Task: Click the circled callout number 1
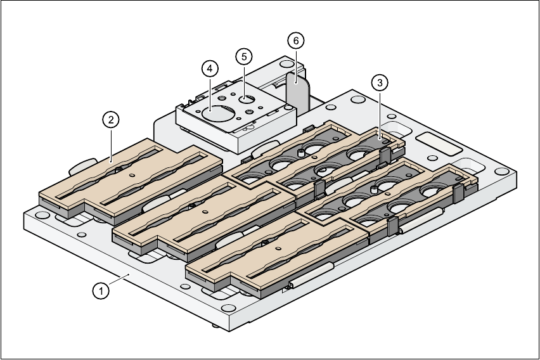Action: click(99, 291)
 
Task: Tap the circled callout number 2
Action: click(110, 119)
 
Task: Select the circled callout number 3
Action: click(379, 82)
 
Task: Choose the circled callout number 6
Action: click(295, 41)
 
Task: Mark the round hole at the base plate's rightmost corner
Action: click(503, 172)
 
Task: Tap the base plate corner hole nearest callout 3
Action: click(360, 101)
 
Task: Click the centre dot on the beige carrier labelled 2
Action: click(132, 175)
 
